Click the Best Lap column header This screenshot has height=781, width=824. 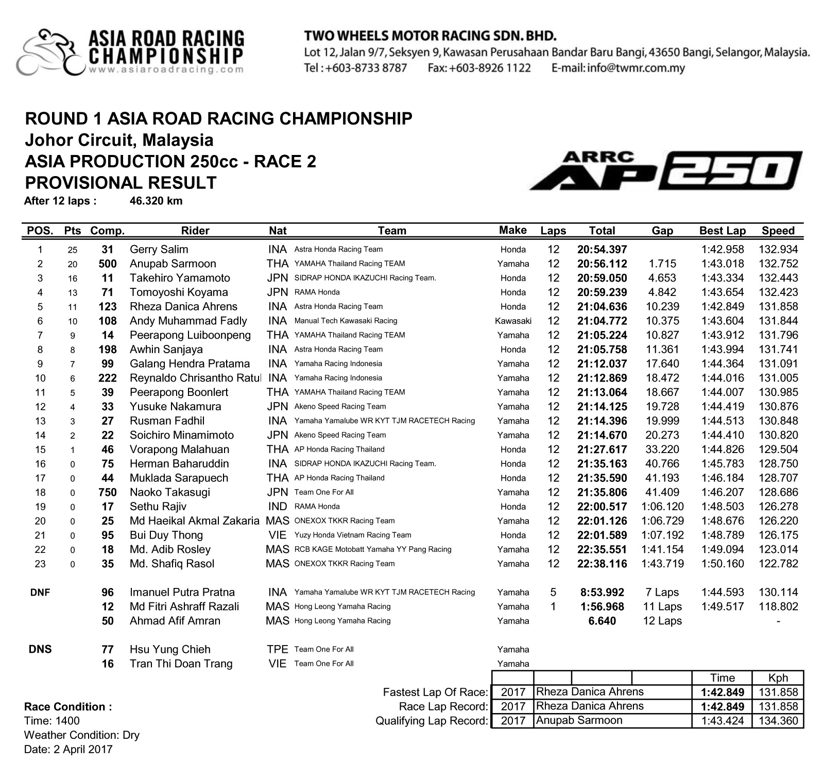tap(722, 231)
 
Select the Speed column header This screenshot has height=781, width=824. tap(778, 231)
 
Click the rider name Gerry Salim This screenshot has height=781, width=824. tap(159, 250)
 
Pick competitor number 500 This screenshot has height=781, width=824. tap(108, 264)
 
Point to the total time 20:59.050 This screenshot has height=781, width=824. tap(602, 278)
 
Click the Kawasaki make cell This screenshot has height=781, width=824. tap(513, 321)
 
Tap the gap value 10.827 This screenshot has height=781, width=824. tap(662, 335)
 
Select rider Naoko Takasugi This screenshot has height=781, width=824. tap(170, 492)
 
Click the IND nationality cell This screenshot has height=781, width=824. tap(278, 507)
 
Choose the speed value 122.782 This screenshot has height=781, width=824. tap(778, 564)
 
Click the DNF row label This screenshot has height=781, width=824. tap(40, 593)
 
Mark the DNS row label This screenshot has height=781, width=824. tap(40, 649)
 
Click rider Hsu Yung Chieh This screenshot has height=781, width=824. tap(170, 650)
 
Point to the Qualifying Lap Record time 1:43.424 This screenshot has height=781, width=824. tap(722, 721)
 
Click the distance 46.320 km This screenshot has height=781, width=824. tap(156, 201)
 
